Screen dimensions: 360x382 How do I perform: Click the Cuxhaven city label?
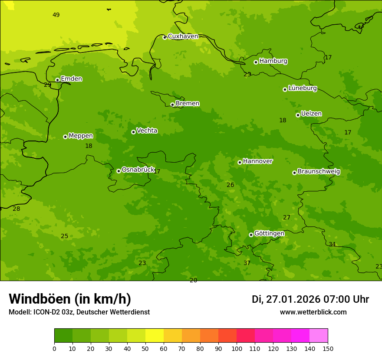pyautogui.click(x=183, y=36)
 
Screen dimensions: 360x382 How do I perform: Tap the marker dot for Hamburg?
pyautogui.click(x=256, y=62)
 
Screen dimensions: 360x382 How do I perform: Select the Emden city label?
pyautogui.click(x=71, y=79)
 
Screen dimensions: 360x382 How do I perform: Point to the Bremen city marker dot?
pyautogui.click(x=172, y=105)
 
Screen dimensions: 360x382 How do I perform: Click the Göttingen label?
pyautogui.click(x=269, y=233)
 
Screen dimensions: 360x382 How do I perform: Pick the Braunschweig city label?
pyautogui.click(x=319, y=171)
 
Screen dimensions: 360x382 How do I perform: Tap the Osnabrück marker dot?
pyautogui.click(x=119, y=171)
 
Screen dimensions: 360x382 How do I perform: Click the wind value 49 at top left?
pyautogui.click(x=56, y=15)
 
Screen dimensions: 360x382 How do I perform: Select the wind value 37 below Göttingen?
pyautogui.click(x=247, y=263)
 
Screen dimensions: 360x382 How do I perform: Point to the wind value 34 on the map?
pyautogui.click(x=332, y=244)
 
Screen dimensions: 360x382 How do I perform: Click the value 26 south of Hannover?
pyautogui.click(x=230, y=185)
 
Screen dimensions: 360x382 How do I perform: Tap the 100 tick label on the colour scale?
pyautogui.click(x=237, y=348)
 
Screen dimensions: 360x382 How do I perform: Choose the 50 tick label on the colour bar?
pyautogui.click(x=145, y=348)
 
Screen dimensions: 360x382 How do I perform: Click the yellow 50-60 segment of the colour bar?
pyautogui.click(x=155, y=336)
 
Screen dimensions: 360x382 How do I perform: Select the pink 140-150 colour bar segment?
pyautogui.click(x=319, y=336)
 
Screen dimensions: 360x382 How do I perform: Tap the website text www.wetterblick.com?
pyautogui.click(x=313, y=312)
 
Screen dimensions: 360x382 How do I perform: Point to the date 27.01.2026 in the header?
pyautogui.click(x=293, y=299)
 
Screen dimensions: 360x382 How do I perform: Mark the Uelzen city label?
pyautogui.click(x=311, y=114)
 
